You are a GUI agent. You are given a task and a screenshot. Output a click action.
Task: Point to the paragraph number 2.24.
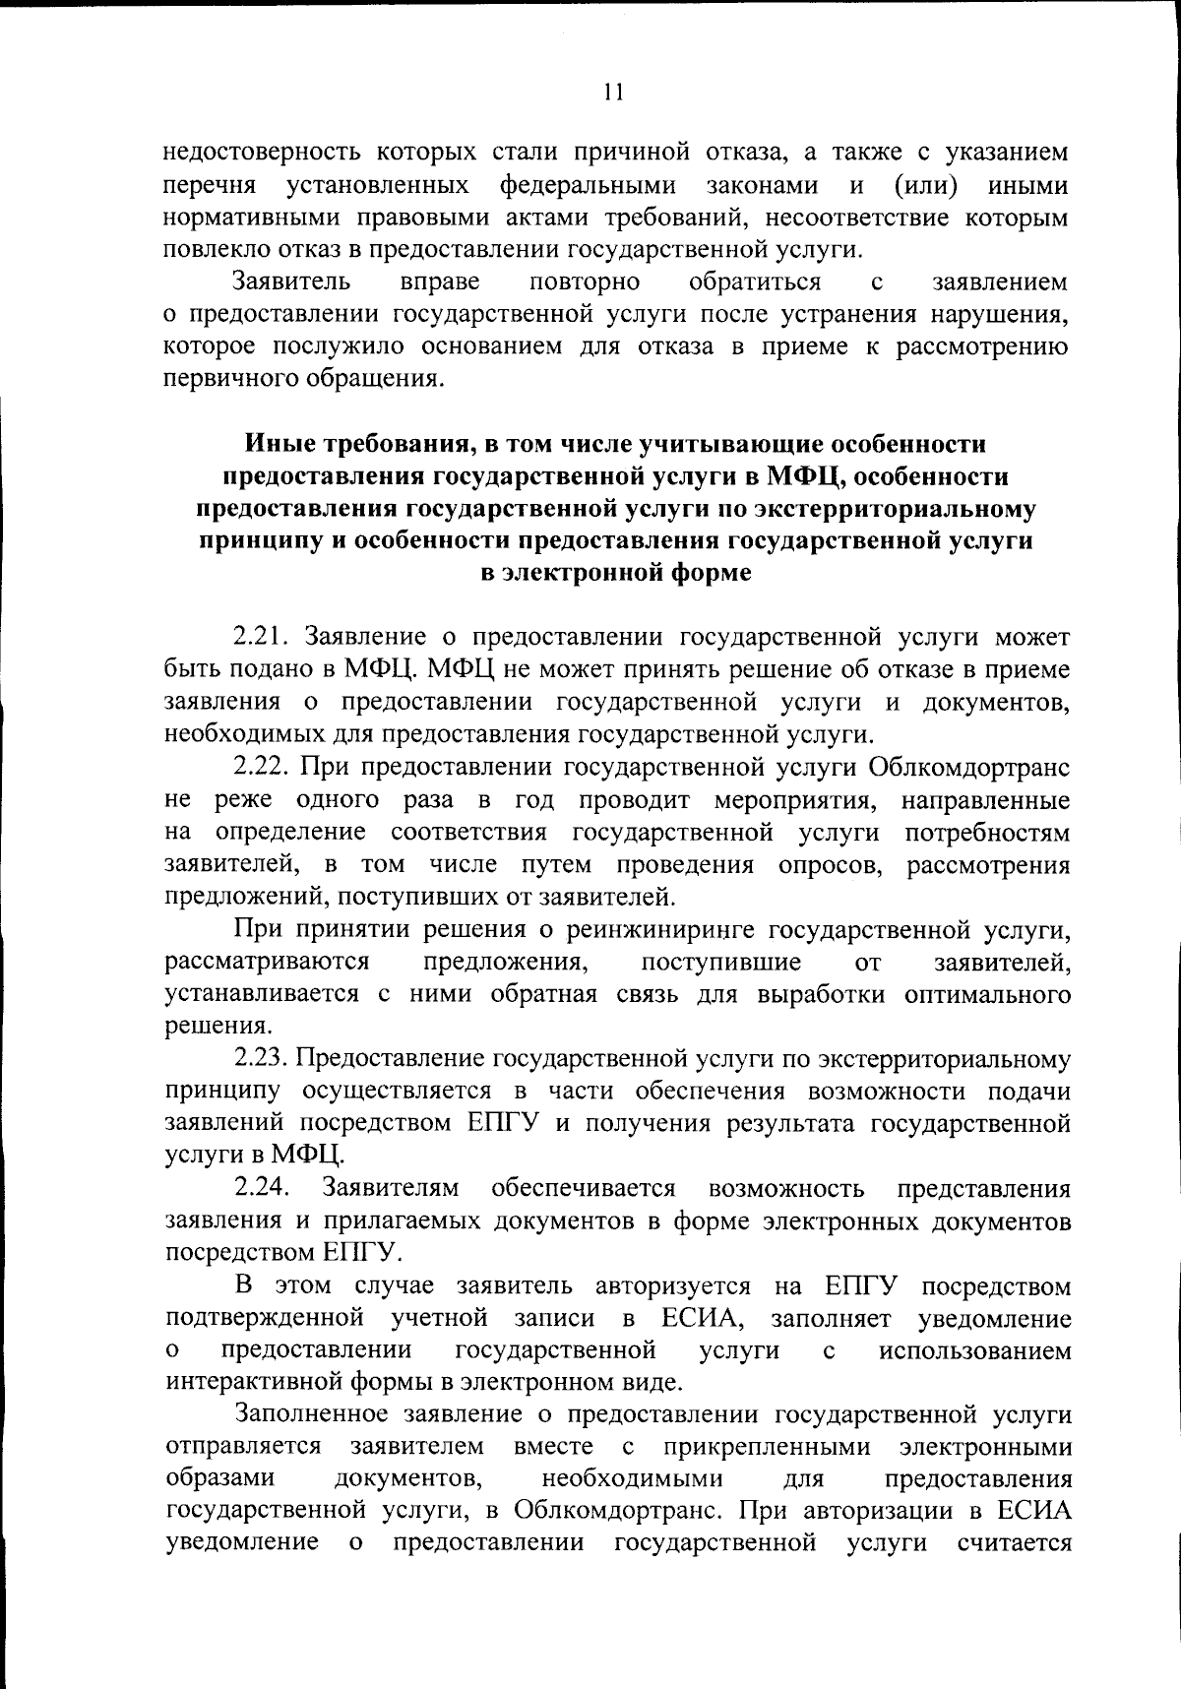[261, 1188]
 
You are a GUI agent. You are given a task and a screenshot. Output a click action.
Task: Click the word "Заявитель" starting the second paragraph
[291, 282]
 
